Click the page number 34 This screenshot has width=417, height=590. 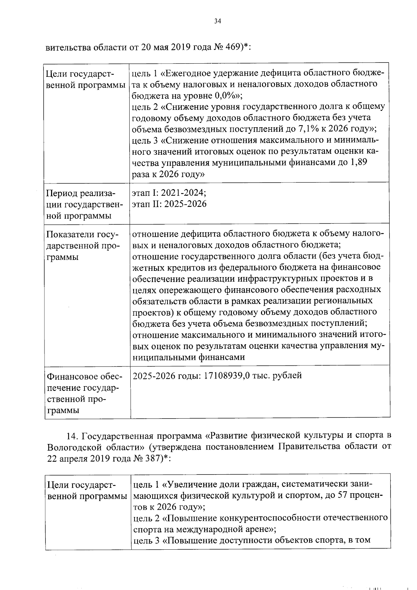click(x=218, y=21)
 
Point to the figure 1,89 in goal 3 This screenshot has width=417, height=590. click(x=357, y=162)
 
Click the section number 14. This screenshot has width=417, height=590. click(x=72, y=436)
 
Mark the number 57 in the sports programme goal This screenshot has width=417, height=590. click(x=344, y=495)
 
